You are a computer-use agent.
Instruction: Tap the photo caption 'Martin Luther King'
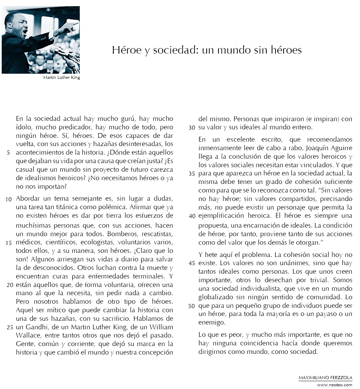click(x=61, y=77)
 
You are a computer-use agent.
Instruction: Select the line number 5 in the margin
click(x=8, y=152)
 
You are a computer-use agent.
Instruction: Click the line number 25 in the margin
click(x=10, y=327)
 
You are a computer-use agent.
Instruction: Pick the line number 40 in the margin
click(x=192, y=216)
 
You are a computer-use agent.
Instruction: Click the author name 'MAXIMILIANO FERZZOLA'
click(x=325, y=378)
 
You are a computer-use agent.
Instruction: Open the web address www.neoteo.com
click(x=334, y=385)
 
